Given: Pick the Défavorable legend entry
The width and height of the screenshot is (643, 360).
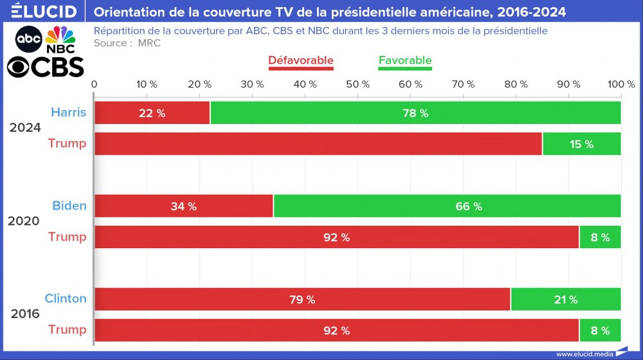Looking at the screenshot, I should click(x=300, y=60).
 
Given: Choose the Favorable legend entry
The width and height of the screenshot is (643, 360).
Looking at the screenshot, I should click(x=405, y=60).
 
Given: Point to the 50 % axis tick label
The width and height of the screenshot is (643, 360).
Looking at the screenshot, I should click(x=358, y=84).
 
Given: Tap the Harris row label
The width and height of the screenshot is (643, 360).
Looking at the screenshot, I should click(x=68, y=113).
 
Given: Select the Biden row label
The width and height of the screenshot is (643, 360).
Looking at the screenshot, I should click(x=69, y=206).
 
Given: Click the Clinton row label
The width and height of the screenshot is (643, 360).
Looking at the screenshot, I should click(x=65, y=298).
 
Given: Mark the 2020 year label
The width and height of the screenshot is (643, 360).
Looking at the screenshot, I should click(x=24, y=221).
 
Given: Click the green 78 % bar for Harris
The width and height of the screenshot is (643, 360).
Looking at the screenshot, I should click(x=415, y=113).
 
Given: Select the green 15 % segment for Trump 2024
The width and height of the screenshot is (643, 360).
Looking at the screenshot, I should click(x=581, y=144).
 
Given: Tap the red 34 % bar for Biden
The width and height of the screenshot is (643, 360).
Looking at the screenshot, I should click(x=184, y=206).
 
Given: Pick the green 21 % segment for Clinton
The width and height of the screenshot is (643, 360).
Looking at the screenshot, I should click(x=565, y=300).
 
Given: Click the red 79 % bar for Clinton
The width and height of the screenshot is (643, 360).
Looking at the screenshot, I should click(x=302, y=300).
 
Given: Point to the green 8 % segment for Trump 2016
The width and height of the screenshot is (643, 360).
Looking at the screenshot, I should click(x=600, y=330).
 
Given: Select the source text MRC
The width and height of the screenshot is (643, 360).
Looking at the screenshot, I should click(x=149, y=43).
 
